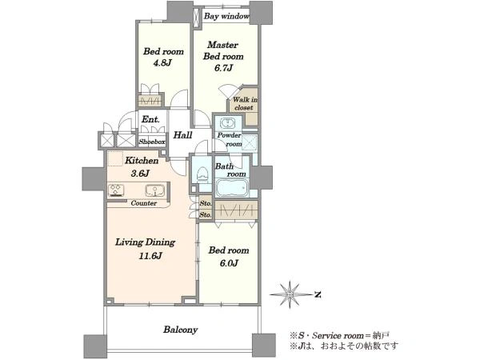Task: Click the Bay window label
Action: [x=226, y=16]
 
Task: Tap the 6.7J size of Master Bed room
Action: [x=223, y=68]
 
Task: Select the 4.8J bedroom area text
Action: [x=162, y=62]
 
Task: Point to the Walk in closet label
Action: [x=244, y=103]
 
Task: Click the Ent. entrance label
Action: [x=150, y=119]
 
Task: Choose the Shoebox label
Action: [x=152, y=142]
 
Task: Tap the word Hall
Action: [x=182, y=135]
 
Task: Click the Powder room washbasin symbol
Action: [x=228, y=123]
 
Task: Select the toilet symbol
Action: [x=202, y=174]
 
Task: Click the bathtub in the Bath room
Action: [x=232, y=187]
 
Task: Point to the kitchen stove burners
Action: [x=116, y=190]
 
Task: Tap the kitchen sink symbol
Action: [x=155, y=190]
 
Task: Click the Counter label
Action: [x=143, y=203]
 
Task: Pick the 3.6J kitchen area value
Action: [x=140, y=174]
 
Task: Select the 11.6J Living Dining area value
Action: [x=150, y=256]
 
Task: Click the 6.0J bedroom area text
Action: [x=229, y=263]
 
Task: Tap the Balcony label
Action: [x=180, y=330]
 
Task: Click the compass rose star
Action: [x=290, y=294]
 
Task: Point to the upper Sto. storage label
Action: [x=206, y=203]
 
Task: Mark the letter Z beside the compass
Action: [x=318, y=294]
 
